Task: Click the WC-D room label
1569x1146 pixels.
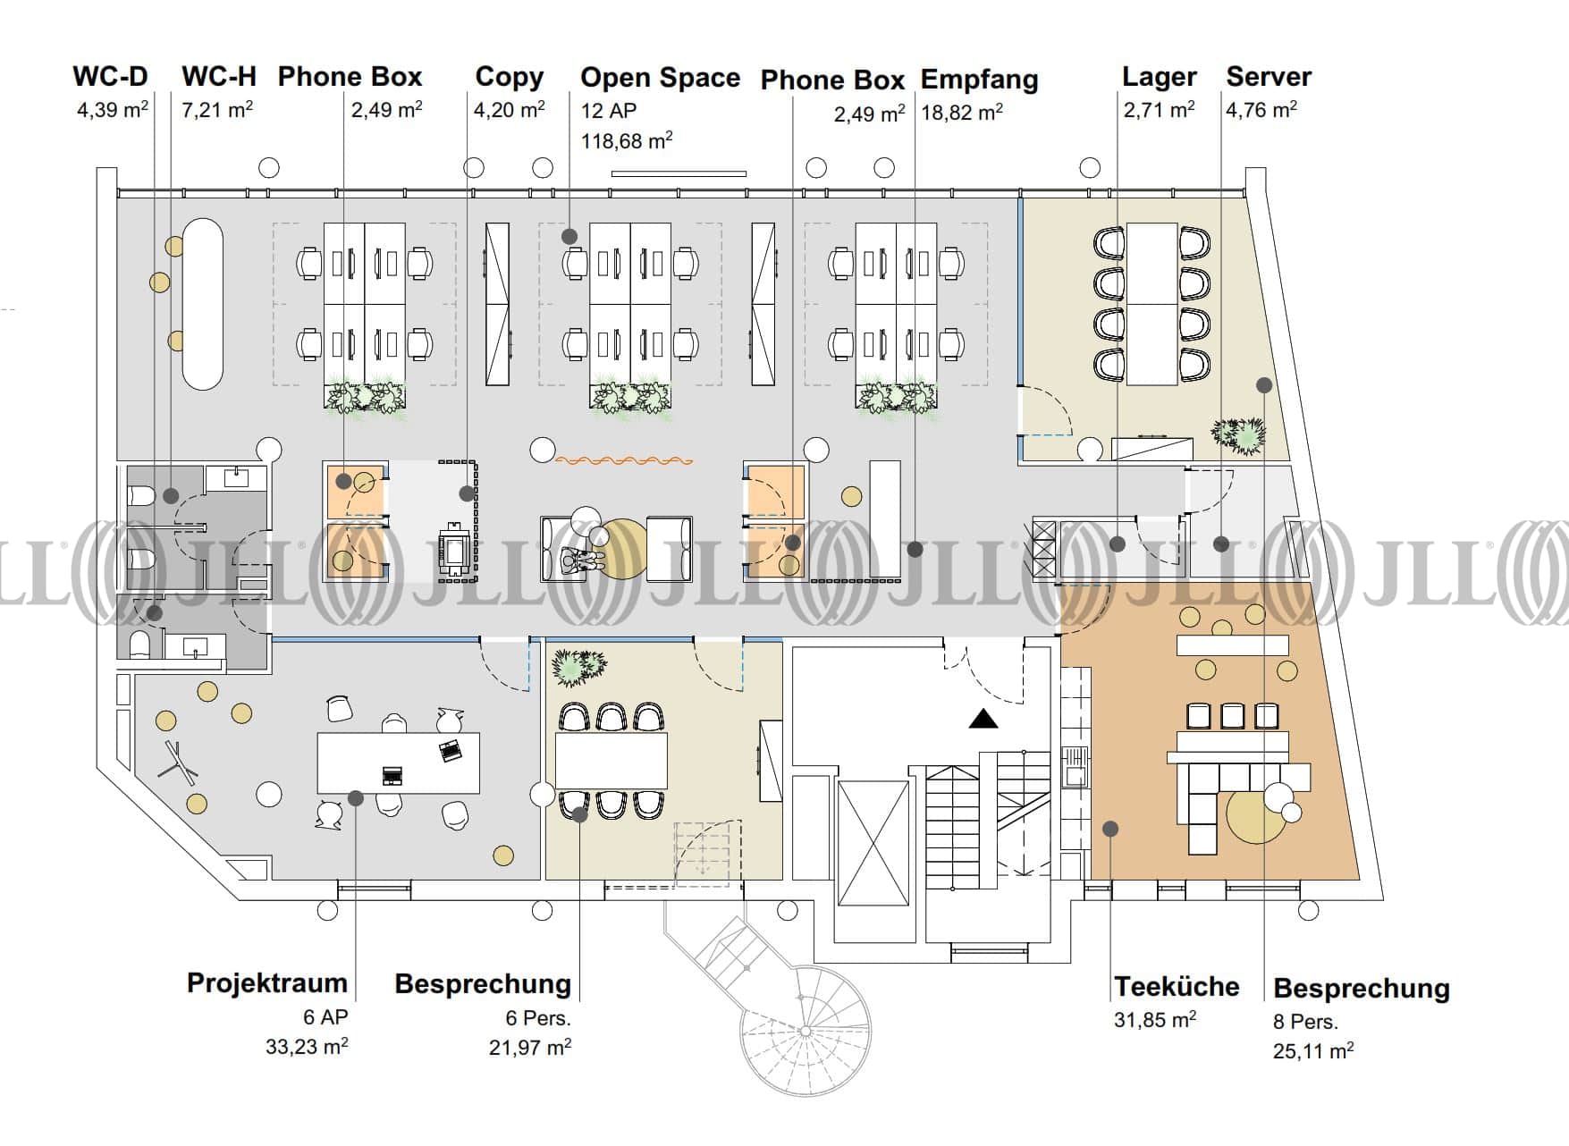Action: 110,76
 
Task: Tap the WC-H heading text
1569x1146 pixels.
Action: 218,76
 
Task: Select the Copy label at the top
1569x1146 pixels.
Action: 509,77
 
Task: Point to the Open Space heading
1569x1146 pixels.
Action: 660,78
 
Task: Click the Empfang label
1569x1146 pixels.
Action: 979,80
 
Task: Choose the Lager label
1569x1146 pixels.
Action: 1159,78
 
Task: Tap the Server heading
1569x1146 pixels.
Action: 1268,77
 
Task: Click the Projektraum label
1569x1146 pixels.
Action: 266,982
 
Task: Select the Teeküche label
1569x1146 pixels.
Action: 1176,986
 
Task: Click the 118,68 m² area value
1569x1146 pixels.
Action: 626,141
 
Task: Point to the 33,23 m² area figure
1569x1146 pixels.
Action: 306,1046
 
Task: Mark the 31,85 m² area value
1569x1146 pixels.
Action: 1154,1019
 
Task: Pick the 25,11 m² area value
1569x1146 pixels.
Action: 1312,1051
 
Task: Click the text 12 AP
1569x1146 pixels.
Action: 609,111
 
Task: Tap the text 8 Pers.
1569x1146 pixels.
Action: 1304,1021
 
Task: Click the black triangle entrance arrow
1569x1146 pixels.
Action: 983,718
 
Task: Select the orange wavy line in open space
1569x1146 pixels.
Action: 624,460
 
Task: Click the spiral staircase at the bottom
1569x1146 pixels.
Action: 805,1028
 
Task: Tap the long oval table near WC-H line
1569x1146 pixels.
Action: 203,304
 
